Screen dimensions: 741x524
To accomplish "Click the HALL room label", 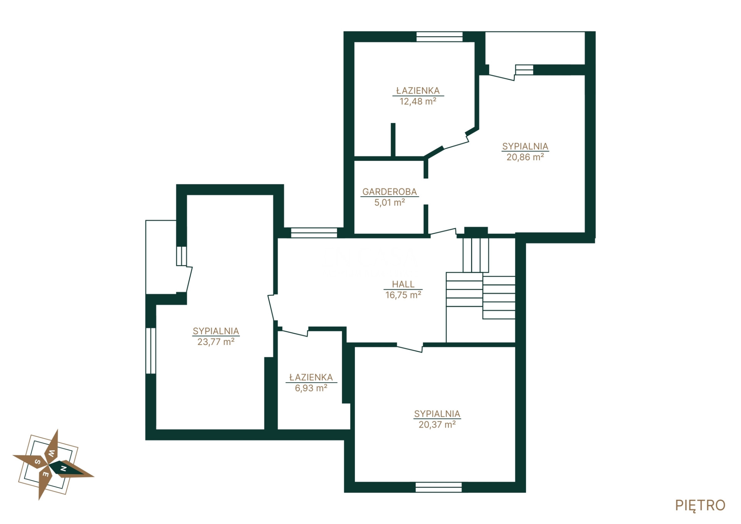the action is coord(403,284).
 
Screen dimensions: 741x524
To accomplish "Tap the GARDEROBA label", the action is coord(390,192).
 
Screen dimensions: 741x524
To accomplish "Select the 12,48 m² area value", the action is coord(418,101).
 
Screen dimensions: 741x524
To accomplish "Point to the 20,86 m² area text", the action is coord(525,157).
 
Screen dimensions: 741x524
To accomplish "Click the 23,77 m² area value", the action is coord(216,342).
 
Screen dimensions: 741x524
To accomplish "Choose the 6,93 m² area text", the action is coord(311,388).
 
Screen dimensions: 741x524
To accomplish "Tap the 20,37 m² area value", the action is coord(437,425).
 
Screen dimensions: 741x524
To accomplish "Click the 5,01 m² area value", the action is coord(390,202).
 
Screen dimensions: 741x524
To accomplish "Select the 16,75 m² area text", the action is coord(403,295).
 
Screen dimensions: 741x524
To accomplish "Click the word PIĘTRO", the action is coord(700,506).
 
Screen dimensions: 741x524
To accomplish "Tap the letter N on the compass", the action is coord(64,469).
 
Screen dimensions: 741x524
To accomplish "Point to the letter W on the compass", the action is coord(52,453).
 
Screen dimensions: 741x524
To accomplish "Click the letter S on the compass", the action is coord(38,462).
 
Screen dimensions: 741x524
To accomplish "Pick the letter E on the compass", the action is coord(45,474).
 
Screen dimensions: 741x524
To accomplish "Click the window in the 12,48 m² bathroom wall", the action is coord(440,37).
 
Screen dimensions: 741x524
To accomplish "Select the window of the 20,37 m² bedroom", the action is coord(439,488).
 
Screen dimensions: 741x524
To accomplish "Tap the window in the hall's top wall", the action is coord(314,233).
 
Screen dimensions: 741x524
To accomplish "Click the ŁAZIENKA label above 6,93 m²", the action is coord(311,377).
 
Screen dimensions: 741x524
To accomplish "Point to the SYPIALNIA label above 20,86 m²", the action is coord(525,146).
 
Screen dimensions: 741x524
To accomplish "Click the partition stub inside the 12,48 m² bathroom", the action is coord(393,140).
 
